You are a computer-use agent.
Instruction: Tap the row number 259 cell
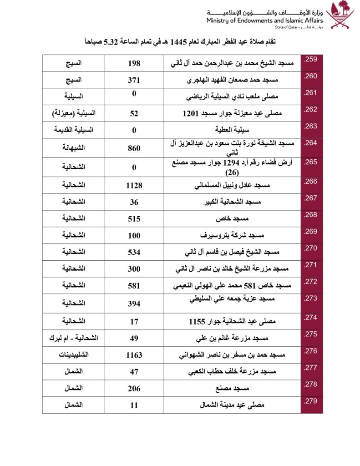(x=311, y=59)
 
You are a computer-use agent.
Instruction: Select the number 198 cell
(x=134, y=63)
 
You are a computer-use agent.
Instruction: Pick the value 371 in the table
(x=134, y=80)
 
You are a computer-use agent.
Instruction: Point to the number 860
(x=134, y=148)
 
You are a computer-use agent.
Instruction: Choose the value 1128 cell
(x=134, y=185)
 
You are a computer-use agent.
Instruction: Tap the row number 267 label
(x=311, y=198)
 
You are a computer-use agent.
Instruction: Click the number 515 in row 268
(x=134, y=219)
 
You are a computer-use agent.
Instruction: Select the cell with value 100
(x=134, y=236)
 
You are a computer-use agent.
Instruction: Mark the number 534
(x=134, y=252)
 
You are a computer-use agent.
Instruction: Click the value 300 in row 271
(x=134, y=269)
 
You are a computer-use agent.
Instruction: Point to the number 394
(x=134, y=303)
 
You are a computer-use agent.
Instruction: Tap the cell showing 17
(x=134, y=322)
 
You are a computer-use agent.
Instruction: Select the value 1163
(x=134, y=355)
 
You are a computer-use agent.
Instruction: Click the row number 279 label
(x=311, y=400)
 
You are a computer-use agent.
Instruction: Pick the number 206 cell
(x=134, y=388)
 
